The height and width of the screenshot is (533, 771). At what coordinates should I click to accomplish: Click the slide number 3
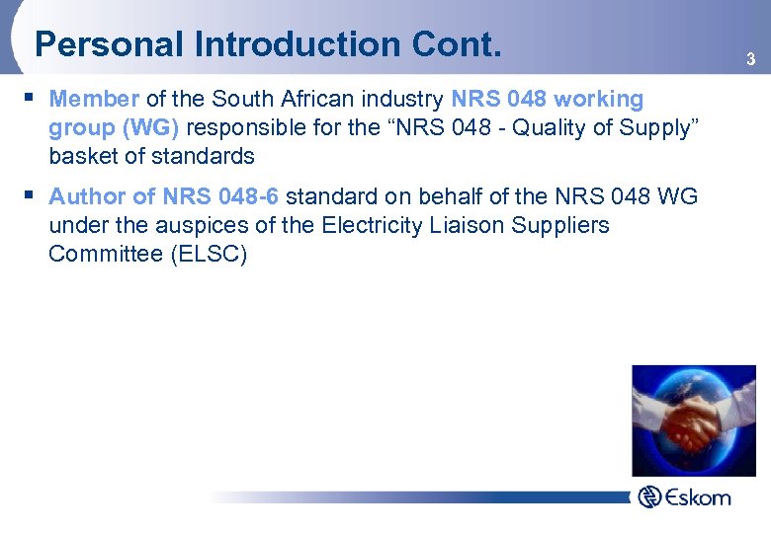point(750,61)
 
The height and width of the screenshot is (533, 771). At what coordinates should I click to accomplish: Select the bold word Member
point(94,99)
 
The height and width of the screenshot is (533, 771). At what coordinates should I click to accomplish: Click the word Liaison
point(475,225)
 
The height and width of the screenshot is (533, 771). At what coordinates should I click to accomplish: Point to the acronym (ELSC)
point(209,254)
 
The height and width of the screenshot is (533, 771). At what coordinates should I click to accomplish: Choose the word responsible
point(245,127)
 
